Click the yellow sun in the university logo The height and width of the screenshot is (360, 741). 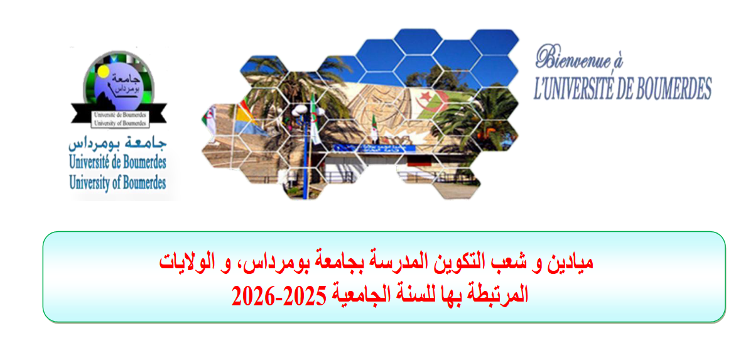102,72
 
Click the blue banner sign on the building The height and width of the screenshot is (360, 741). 374,148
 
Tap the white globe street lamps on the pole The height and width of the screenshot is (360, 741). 308,112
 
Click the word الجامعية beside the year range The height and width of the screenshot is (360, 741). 359,297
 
